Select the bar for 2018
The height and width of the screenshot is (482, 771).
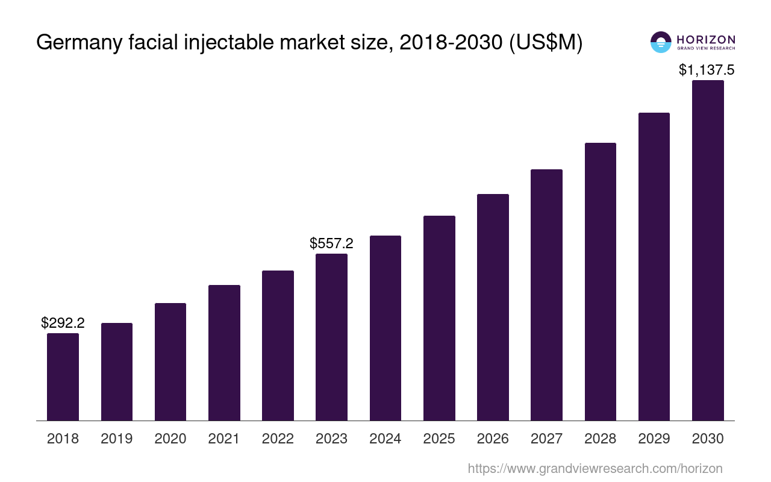[63, 377]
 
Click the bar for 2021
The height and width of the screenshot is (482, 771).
[224, 352]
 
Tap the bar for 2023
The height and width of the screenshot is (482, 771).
[331, 337]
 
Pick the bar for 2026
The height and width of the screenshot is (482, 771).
[493, 307]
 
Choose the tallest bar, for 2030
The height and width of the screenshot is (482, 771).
[708, 250]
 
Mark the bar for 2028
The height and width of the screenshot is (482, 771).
[600, 281]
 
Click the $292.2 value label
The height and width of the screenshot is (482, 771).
[63, 323]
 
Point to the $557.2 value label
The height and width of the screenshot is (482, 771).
[331, 243]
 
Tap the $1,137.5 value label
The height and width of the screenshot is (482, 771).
[707, 70]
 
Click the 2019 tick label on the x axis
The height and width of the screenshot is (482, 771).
[116, 439]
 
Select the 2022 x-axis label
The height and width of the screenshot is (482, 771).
[278, 439]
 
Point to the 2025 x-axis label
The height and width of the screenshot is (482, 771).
[439, 439]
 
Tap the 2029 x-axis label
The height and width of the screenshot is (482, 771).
[654, 439]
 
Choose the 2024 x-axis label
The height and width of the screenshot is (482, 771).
[385, 439]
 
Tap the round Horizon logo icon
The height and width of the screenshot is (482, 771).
[661, 42]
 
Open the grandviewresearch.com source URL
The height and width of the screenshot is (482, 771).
[595, 468]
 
